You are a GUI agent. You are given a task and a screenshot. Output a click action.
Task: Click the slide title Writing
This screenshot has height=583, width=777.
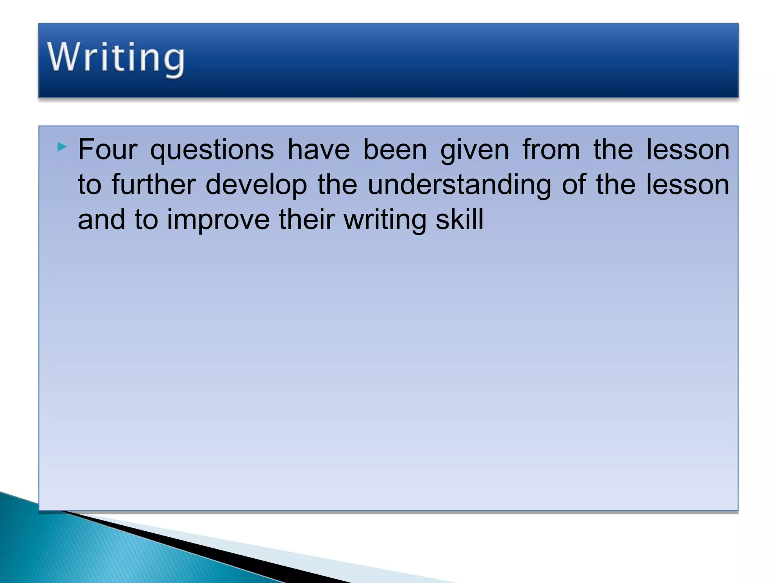[116, 58]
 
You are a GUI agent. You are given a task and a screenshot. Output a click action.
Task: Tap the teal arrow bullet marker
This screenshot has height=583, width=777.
[62, 147]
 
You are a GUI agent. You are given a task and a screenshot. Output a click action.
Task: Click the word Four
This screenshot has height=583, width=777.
[107, 150]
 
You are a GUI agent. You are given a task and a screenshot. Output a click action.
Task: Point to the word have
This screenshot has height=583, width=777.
[319, 150]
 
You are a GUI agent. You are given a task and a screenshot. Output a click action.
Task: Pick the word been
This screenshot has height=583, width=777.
[395, 150]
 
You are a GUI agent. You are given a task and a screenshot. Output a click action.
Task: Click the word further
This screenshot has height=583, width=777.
[154, 185]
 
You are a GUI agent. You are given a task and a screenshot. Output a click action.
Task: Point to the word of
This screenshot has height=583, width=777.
[574, 185]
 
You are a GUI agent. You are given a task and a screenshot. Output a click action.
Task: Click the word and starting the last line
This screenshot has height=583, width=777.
[101, 220]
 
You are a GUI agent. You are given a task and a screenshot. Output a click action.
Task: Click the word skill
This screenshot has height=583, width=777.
[459, 220]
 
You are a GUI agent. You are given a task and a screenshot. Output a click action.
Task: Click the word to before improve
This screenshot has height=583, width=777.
[146, 220]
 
